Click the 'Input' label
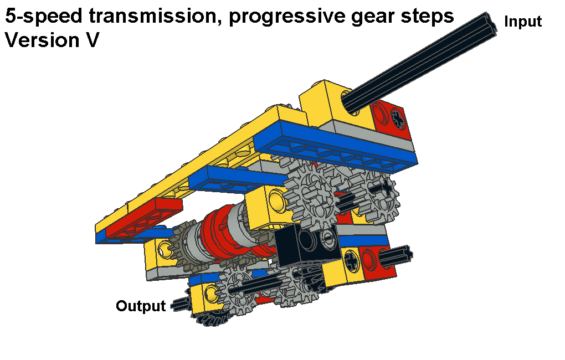(x=523, y=22)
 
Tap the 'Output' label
(x=141, y=306)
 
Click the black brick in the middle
(x=306, y=243)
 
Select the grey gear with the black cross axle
(x=377, y=193)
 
